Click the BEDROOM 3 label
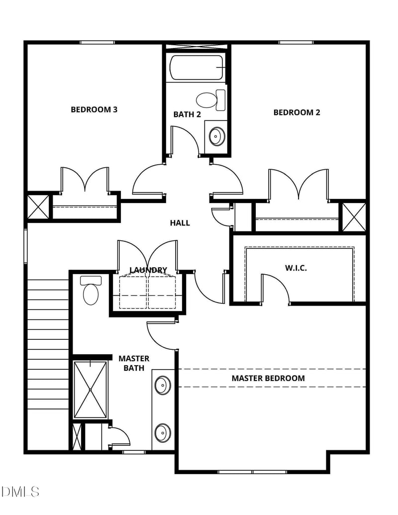point(94,109)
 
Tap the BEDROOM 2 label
point(297,112)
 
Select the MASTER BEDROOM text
point(268,378)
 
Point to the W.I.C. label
point(296,268)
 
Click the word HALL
point(180,223)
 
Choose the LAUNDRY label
point(148,270)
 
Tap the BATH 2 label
point(187,114)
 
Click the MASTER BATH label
point(134,363)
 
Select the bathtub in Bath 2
point(197,67)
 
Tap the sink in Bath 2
point(216,135)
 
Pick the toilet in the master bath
point(91,291)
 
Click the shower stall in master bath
point(90,390)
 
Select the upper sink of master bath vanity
point(162,385)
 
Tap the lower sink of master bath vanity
point(162,432)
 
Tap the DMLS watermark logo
point(20,492)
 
